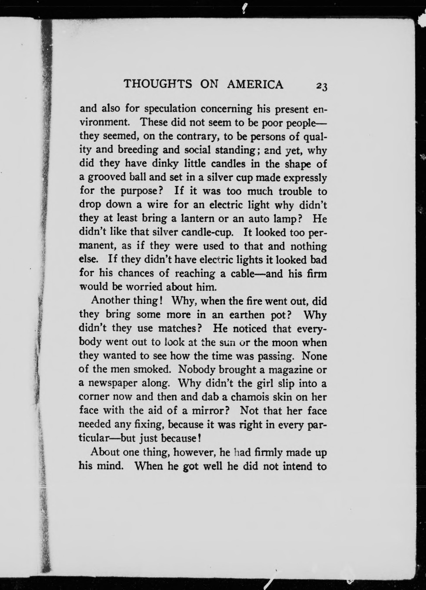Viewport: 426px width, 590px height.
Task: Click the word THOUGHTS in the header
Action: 158,84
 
